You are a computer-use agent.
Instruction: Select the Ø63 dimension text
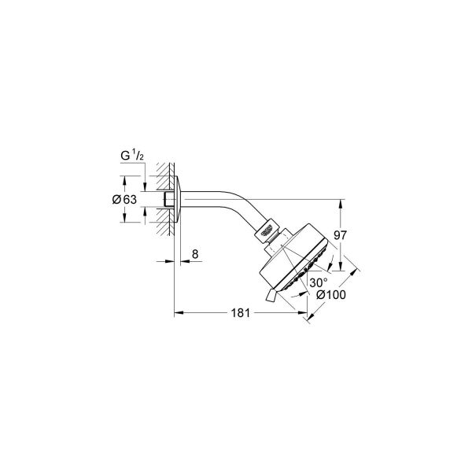(x=126, y=200)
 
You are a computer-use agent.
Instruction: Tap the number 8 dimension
(x=194, y=256)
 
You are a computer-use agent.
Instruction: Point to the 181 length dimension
(x=241, y=314)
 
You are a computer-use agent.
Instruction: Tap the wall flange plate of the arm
(x=180, y=201)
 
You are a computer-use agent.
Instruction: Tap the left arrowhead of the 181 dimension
(x=176, y=313)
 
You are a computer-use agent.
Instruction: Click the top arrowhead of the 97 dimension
(x=340, y=203)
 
